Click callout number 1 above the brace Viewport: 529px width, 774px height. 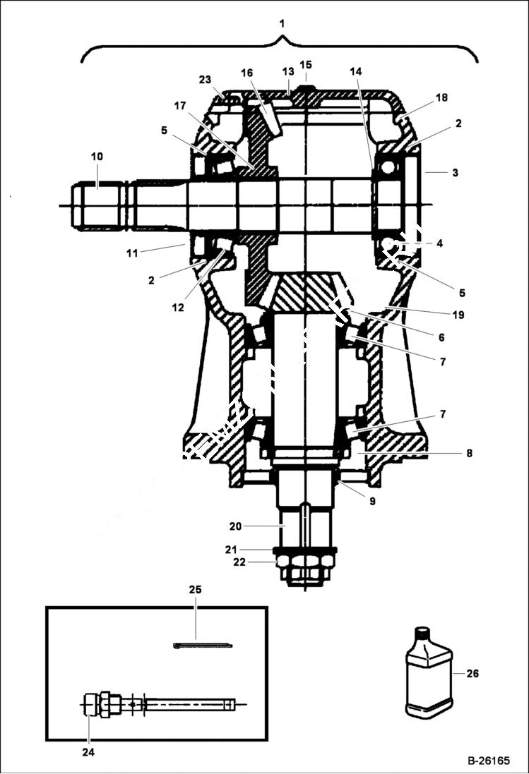pos(282,23)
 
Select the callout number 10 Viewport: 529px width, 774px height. pos(97,156)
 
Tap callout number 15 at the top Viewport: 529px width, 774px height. pos(305,65)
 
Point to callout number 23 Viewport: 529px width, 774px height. pos(205,80)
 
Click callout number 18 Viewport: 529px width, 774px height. pos(441,97)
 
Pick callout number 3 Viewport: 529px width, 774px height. pos(456,172)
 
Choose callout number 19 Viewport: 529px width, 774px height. pos(458,315)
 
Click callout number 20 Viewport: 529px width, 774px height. pos(235,526)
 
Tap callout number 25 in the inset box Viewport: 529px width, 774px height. pos(195,588)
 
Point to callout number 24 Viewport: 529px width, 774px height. pos(88,752)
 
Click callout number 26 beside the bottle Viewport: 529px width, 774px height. pos(472,674)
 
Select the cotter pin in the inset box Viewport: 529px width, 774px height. pos(203,644)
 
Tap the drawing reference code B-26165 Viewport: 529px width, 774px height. pos(488,761)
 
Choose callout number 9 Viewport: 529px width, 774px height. pos(372,502)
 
